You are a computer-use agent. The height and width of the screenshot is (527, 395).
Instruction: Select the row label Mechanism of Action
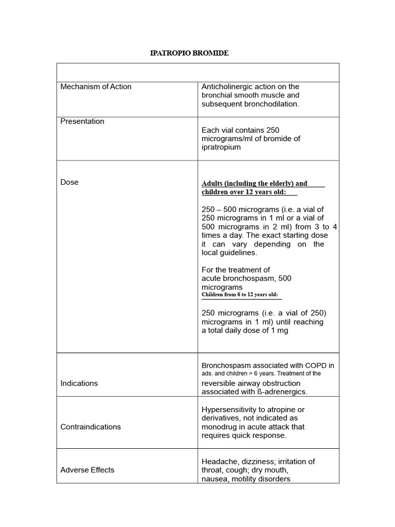point(96,86)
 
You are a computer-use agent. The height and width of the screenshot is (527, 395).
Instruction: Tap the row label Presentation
point(82,121)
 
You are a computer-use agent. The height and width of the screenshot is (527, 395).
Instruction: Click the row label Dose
point(69,182)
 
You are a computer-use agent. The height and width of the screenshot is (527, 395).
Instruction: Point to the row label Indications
point(79,383)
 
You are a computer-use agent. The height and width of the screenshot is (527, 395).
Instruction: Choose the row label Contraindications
point(91,427)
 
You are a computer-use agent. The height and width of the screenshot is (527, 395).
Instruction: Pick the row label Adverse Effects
point(87,470)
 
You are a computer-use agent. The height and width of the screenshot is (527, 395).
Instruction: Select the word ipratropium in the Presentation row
point(221,147)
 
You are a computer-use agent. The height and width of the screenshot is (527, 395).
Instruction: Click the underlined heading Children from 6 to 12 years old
point(240,295)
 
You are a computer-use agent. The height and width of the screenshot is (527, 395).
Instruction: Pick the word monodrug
point(221,427)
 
